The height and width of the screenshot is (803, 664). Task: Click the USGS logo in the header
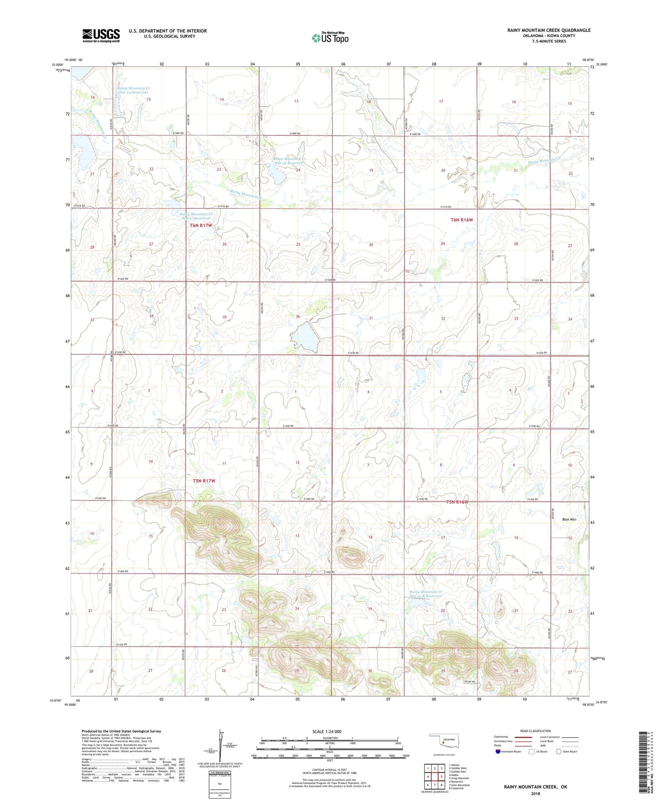coord(101,35)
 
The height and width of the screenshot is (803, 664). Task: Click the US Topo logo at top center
coord(330,38)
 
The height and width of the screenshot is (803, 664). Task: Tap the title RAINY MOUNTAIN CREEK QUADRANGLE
coord(548,30)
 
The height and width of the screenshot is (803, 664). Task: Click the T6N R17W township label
coord(201,225)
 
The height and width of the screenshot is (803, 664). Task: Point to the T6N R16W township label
coord(462,220)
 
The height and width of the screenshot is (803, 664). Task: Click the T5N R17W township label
coord(204,481)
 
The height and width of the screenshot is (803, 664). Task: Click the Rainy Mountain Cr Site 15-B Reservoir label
coord(425,594)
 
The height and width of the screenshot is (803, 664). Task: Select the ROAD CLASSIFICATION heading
coord(536,731)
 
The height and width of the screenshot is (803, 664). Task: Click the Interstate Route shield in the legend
coord(498,752)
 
